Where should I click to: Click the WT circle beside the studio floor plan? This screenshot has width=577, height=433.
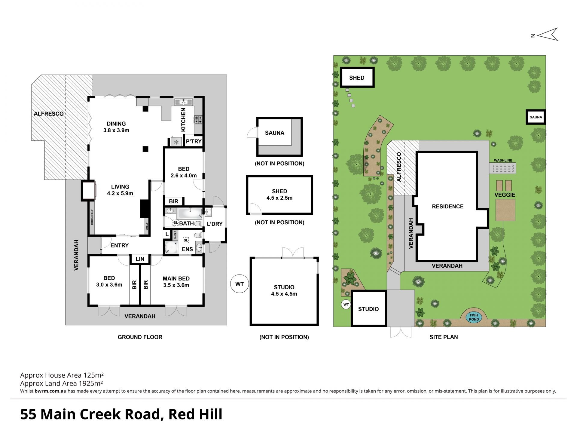(240, 284)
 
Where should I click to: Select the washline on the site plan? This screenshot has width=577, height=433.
(503, 168)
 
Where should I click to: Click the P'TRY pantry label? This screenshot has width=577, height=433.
(194, 141)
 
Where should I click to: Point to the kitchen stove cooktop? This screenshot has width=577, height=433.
(198, 120)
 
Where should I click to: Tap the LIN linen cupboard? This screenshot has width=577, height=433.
(140, 259)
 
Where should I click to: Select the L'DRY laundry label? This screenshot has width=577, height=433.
(215, 224)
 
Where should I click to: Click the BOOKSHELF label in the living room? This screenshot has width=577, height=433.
(92, 217)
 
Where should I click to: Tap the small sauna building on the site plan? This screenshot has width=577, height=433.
(536, 117)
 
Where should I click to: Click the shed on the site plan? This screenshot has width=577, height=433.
(357, 78)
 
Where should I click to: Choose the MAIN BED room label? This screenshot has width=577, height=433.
(176, 278)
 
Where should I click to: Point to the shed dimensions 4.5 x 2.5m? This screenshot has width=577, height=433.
(279, 198)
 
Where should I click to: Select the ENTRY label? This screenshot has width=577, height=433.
(119, 245)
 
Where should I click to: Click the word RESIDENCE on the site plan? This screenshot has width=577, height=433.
(447, 206)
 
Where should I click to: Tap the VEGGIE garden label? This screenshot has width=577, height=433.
(505, 195)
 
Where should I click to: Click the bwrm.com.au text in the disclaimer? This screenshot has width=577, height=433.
(50, 391)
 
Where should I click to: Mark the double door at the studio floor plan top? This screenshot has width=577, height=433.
(293, 253)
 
